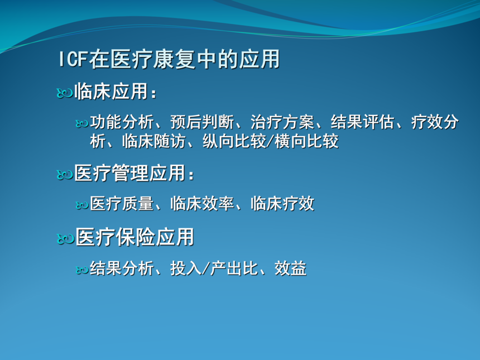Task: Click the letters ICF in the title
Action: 73,59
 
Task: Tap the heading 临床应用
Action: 112,91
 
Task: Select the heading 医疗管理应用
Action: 130,173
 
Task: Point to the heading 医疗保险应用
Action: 135,237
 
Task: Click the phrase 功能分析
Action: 122,122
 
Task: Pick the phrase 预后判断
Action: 202,122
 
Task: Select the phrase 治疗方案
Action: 282,122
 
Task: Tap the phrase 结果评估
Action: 362,122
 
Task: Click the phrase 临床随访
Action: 154,141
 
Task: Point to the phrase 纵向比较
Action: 234,141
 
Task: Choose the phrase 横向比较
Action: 306,141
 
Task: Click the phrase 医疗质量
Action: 122,204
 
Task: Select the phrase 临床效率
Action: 202,204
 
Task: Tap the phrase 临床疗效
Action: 282,204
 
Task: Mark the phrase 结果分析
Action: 122,268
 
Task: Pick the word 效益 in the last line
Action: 290,268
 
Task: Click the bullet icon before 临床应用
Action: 65,93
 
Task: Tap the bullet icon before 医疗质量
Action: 82,205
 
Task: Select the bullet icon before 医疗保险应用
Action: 65,239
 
